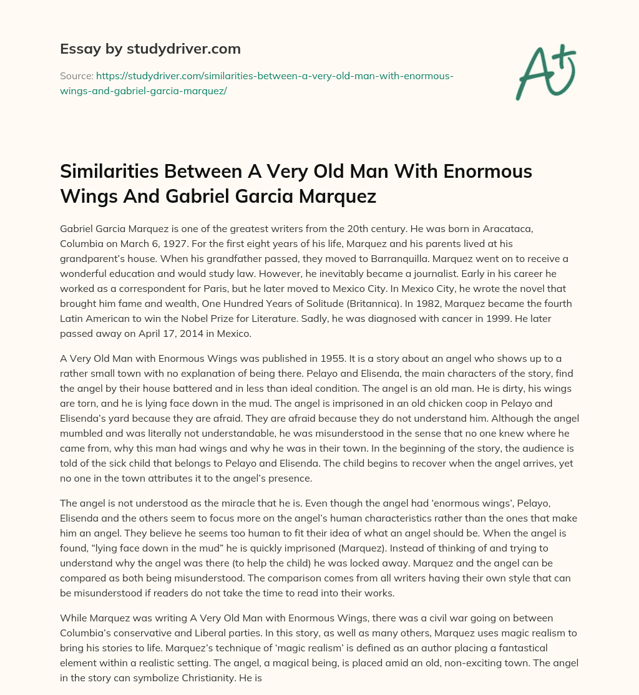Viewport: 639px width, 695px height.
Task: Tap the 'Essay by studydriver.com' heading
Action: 150,48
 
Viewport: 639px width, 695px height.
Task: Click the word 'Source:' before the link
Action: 76,76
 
